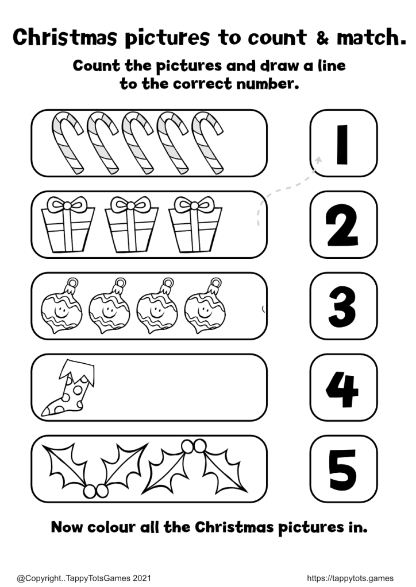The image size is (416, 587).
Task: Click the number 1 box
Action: [x=344, y=143]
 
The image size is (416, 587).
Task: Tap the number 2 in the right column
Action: [x=341, y=225]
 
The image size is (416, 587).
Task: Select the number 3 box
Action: [x=344, y=306]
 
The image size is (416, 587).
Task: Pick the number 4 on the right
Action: [x=342, y=389]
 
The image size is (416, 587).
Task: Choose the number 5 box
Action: [x=344, y=469]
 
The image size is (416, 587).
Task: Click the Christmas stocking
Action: [x=68, y=388]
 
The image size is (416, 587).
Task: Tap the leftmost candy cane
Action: [x=67, y=143]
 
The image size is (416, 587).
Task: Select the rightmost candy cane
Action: [x=207, y=143]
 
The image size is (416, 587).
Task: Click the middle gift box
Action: [x=131, y=224]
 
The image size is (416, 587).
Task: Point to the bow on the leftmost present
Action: [x=67, y=204]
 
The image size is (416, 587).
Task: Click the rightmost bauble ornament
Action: [x=205, y=305]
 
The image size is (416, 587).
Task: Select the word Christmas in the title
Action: [x=65, y=37]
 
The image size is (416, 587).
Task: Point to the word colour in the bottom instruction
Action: [x=111, y=527]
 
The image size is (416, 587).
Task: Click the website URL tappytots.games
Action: [x=350, y=578]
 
